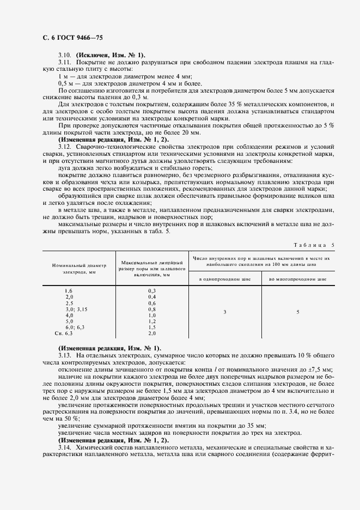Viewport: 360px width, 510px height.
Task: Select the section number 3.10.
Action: (x=64, y=55)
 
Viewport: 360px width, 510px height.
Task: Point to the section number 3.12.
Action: (x=64, y=147)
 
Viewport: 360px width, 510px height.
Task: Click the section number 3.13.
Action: (x=64, y=355)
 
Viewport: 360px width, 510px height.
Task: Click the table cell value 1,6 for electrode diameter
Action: (x=68, y=292)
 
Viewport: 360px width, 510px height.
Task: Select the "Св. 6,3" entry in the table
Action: (x=64, y=333)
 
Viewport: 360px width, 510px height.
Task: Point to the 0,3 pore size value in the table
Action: (x=151, y=292)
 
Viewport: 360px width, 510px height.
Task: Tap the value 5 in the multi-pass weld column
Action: (x=297, y=312)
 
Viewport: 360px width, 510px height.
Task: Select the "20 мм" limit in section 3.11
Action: (x=191, y=133)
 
